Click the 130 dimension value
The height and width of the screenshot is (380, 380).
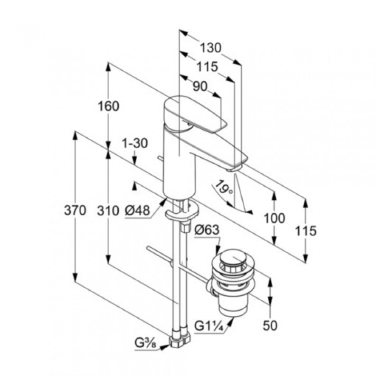coord(210,48)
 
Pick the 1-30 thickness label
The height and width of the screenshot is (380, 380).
coord(135,143)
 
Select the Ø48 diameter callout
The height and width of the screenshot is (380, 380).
coord(138,210)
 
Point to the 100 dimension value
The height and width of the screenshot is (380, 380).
coord(275,218)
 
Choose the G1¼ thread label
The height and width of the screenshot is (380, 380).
coord(209,327)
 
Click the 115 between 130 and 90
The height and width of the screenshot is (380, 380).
coord(207,67)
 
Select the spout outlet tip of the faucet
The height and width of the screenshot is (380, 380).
coord(235,168)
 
